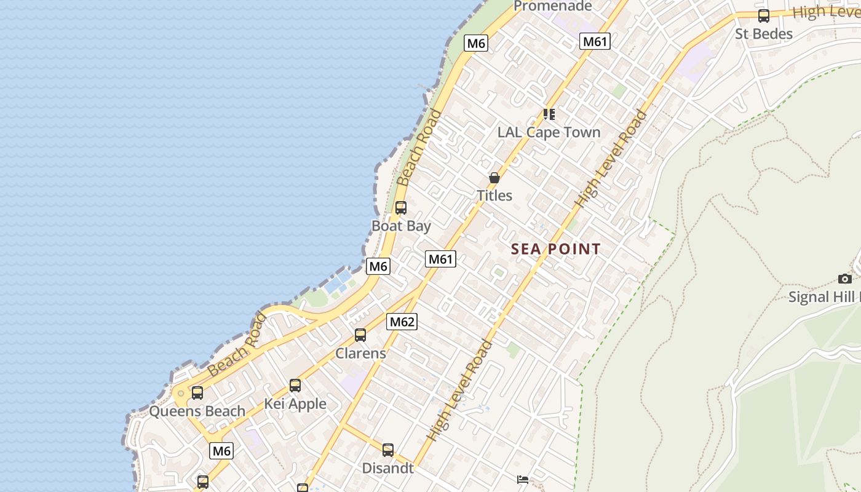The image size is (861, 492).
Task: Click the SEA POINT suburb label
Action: click(x=555, y=249)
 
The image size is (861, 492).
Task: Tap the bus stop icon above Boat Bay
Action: click(x=401, y=208)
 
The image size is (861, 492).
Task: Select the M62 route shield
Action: click(x=402, y=322)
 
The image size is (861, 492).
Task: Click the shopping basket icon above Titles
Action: click(x=494, y=178)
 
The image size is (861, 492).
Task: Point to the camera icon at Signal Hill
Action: click(x=845, y=279)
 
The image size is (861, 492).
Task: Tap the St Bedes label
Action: click(x=763, y=34)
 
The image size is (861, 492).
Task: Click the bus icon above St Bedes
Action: click(x=764, y=16)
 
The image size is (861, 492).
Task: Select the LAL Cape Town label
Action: click(x=549, y=132)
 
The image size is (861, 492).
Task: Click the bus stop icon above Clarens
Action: click(x=360, y=335)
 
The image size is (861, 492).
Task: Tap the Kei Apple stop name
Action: click(x=295, y=404)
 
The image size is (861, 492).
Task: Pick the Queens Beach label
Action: click(x=197, y=411)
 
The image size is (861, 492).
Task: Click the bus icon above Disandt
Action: click(x=388, y=450)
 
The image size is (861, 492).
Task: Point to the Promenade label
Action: click(x=552, y=7)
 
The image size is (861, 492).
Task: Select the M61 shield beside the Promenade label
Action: click(x=595, y=42)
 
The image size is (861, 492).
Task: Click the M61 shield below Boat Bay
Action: click(x=440, y=259)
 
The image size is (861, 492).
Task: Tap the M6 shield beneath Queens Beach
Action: click(x=221, y=451)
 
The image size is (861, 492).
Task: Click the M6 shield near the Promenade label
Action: click(x=476, y=43)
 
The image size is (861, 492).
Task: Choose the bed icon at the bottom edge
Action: click(x=523, y=480)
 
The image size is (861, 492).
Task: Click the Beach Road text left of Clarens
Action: click(x=237, y=346)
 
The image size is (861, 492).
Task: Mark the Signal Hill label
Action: click(x=824, y=297)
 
